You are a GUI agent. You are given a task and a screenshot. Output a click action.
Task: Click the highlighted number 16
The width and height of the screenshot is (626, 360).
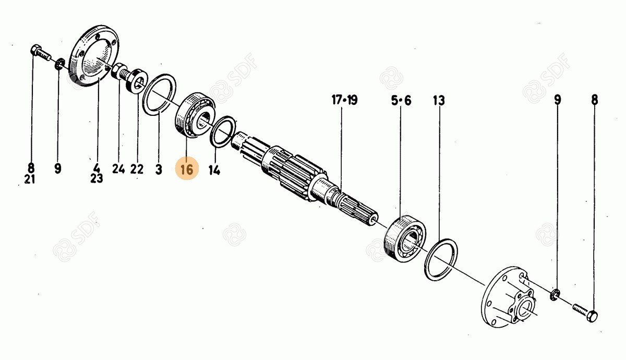187,170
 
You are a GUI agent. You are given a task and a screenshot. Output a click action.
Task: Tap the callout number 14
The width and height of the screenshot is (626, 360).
214,170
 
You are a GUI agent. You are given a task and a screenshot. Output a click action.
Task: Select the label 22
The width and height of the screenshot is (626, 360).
137,169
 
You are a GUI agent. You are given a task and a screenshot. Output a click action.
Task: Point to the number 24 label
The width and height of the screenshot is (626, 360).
118,169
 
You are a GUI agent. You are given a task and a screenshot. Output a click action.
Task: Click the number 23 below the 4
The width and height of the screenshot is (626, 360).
97,178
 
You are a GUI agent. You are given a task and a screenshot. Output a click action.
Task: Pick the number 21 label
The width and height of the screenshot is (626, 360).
30,179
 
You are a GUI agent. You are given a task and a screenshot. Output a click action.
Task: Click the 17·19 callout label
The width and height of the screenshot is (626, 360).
345,100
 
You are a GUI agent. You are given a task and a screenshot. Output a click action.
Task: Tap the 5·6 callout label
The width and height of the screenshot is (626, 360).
401,100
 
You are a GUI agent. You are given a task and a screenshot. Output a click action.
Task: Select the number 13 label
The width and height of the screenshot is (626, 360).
439,100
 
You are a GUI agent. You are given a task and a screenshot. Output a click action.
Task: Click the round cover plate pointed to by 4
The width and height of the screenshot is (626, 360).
94,56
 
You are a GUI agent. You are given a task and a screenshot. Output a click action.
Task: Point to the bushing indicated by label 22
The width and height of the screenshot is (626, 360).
136,81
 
